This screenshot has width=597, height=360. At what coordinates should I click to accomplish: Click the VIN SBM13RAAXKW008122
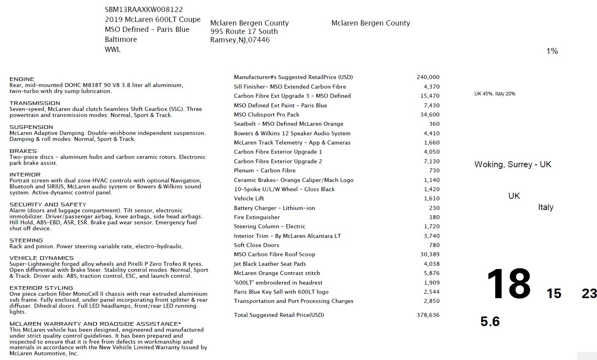pyautogui.click(x=144, y=10)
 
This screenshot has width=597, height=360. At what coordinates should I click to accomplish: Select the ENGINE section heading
pyautogui.click(x=22, y=79)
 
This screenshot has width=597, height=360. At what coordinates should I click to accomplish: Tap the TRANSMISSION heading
pyautogui.click(x=35, y=103)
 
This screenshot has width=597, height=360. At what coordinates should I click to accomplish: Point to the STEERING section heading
pyautogui.click(x=26, y=240)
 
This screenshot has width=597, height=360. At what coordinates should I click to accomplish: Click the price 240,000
pyautogui.click(x=428, y=77)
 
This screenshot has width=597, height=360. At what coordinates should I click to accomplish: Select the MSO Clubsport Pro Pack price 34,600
pyautogui.click(x=430, y=115)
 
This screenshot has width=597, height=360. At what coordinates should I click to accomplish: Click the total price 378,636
pyautogui.click(x=428, y=315)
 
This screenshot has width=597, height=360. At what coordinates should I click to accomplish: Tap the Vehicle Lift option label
pyautogui.click(x=249, y=198)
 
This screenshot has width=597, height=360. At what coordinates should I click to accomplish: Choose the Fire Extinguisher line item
pyautogui.click(x=257, y=217)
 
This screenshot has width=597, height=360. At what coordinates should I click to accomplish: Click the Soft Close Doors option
pyautogui.click(x=256, y=245)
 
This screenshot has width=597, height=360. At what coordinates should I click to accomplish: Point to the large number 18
pyautogui.click(x=508, y=284)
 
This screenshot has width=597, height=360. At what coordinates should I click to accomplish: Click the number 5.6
pyautogui.click(x=490, y=321)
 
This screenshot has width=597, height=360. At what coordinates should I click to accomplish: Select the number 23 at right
pyautogui.click(x=589, y=294)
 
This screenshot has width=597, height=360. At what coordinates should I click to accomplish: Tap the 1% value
pyautogui.click(x=552, y=51)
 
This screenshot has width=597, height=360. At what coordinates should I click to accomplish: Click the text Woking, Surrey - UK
pyautogui.click(x=512, y=164)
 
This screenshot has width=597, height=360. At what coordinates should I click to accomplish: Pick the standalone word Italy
pyautogui.click(x=546, y=207)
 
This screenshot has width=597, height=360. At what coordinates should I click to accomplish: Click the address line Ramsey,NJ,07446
pyautogui.click(x=240, y=40)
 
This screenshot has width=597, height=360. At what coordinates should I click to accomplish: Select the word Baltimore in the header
pyautogui.click(x=121, y=40)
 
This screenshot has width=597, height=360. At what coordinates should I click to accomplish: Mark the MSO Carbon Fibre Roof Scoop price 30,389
pyautogui.click(x=430, y=254)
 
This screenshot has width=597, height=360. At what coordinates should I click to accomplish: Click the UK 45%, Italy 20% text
pyautogui.click(x=494, y=94)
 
